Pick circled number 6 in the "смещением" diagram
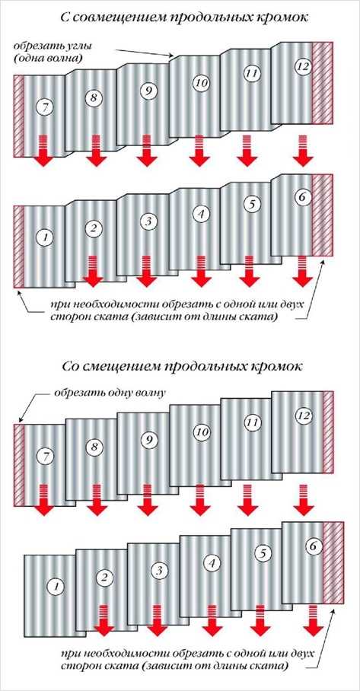pos(313,546)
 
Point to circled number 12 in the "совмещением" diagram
pos(304,66)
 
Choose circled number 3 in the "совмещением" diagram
pos(148,221)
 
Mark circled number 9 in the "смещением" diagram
pos(148,439)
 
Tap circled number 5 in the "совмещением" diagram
pos(251,204)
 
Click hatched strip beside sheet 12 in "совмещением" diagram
pos(323,83)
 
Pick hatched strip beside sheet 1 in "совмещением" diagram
pos(18,247)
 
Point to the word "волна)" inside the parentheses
pos(71,57)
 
